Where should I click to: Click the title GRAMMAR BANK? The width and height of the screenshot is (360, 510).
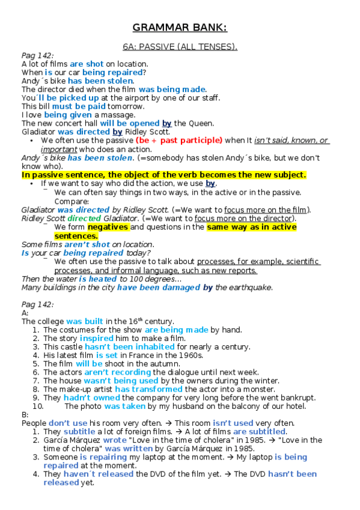pos(180,28)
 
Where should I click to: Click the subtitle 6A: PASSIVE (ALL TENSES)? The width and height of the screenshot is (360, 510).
pos(180,46)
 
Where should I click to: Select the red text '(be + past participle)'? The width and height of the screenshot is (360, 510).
pos(179,141)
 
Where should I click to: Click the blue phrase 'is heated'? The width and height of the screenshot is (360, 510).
pos(97,279)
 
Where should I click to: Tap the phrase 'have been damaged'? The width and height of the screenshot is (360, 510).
pos(159,287)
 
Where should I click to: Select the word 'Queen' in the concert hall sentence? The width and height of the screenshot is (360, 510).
pos(202,123)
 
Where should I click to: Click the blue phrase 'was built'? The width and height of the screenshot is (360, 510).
pos(85,322)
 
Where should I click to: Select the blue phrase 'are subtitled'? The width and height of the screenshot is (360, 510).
pos(259,432)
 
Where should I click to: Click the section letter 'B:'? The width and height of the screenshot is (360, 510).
pos(25,414)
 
